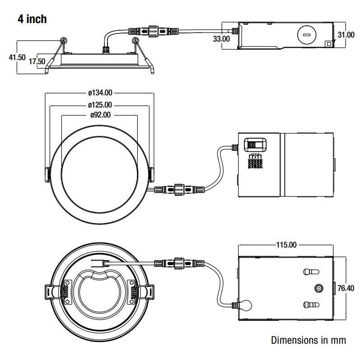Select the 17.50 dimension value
click(x=37, y=61)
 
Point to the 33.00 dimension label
click(x=221, y=39)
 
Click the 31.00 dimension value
click(x=346, y=34)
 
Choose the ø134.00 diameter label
click(x=100, y=93)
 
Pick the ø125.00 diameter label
click(x=100, y=104)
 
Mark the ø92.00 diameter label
click(x=100, y=115)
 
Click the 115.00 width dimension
click(x=286, y=245)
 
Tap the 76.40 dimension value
click(x=347, y=288)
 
